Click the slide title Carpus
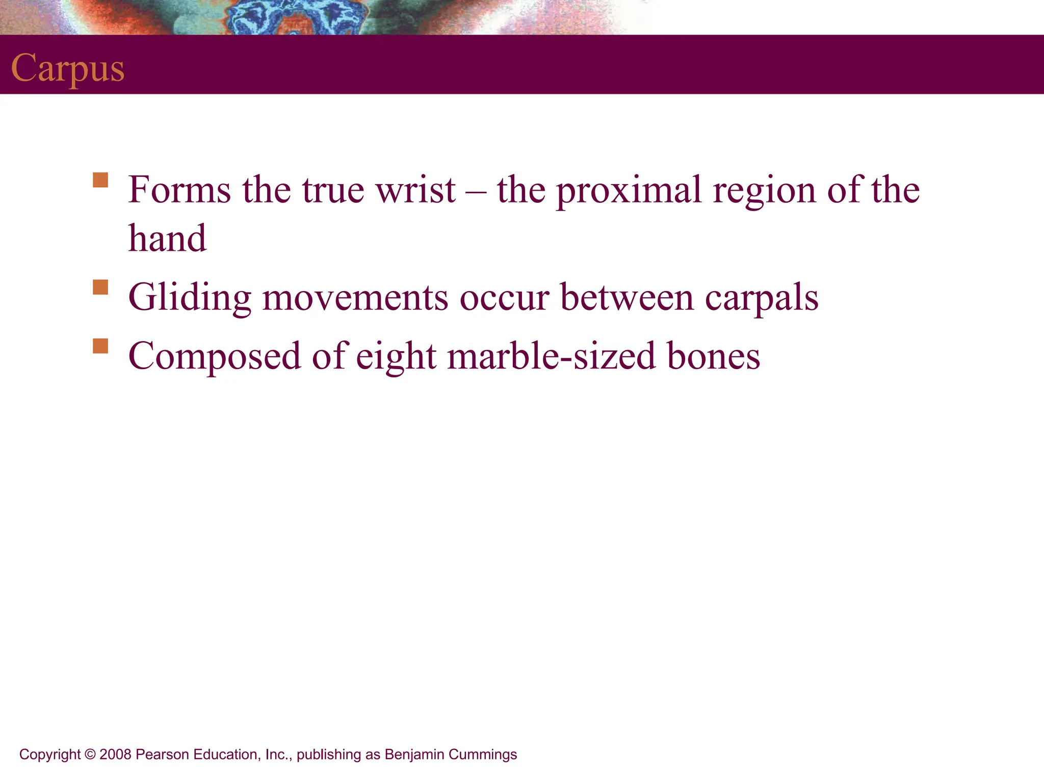[68, 68]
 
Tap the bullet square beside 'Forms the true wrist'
[100, 180]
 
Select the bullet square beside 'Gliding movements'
[100, 287]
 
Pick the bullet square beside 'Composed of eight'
[100, 346]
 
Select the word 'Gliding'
[190, 298]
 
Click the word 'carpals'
[762, 298]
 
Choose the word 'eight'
[396, 356]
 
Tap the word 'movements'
[355, 297]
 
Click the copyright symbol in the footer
[90, 754]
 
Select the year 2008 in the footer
[116, 754]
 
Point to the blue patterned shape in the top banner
[296, 18]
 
